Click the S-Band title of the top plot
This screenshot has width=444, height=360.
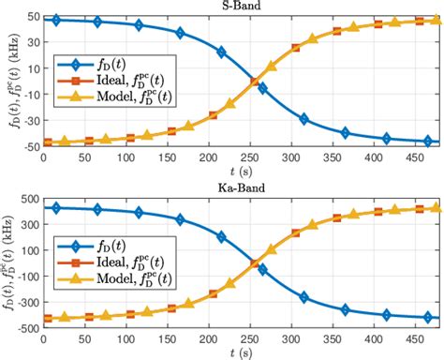[x=241, y=7]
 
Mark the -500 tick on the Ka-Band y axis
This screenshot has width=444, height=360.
[x=25, y=324]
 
